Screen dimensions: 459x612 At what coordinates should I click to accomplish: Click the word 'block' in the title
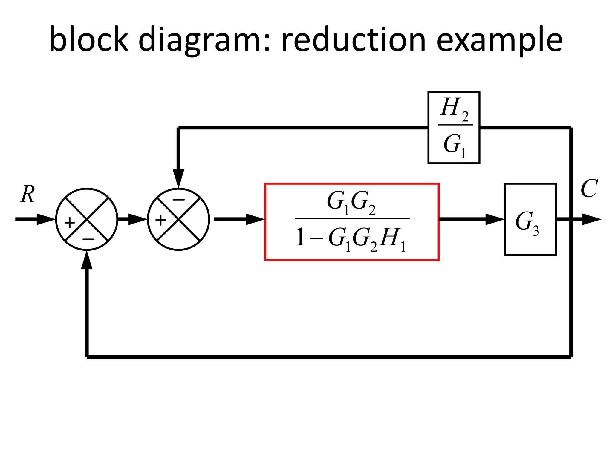tap(89, 39)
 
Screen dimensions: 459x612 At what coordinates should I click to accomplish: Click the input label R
tap(27, 195)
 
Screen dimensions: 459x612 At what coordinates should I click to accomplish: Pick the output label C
tap(589, 189)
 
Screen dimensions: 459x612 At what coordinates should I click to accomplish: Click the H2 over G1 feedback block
tap(454, 128)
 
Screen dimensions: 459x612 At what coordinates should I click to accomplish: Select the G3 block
tap(530, 219)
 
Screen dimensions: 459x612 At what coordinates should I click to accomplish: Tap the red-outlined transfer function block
tap(352, 222)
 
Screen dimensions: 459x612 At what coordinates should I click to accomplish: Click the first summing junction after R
tap(87, 219)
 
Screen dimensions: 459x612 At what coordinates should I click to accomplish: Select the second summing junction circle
tap(178, 219)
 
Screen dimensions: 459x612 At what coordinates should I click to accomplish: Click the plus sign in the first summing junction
tap(70, 223)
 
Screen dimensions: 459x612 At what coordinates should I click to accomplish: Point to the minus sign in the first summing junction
tap(88, 239)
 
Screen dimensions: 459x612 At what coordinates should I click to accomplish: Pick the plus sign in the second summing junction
tap(160, 221)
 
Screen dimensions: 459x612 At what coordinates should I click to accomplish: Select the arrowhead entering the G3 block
tap(495, 219)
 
